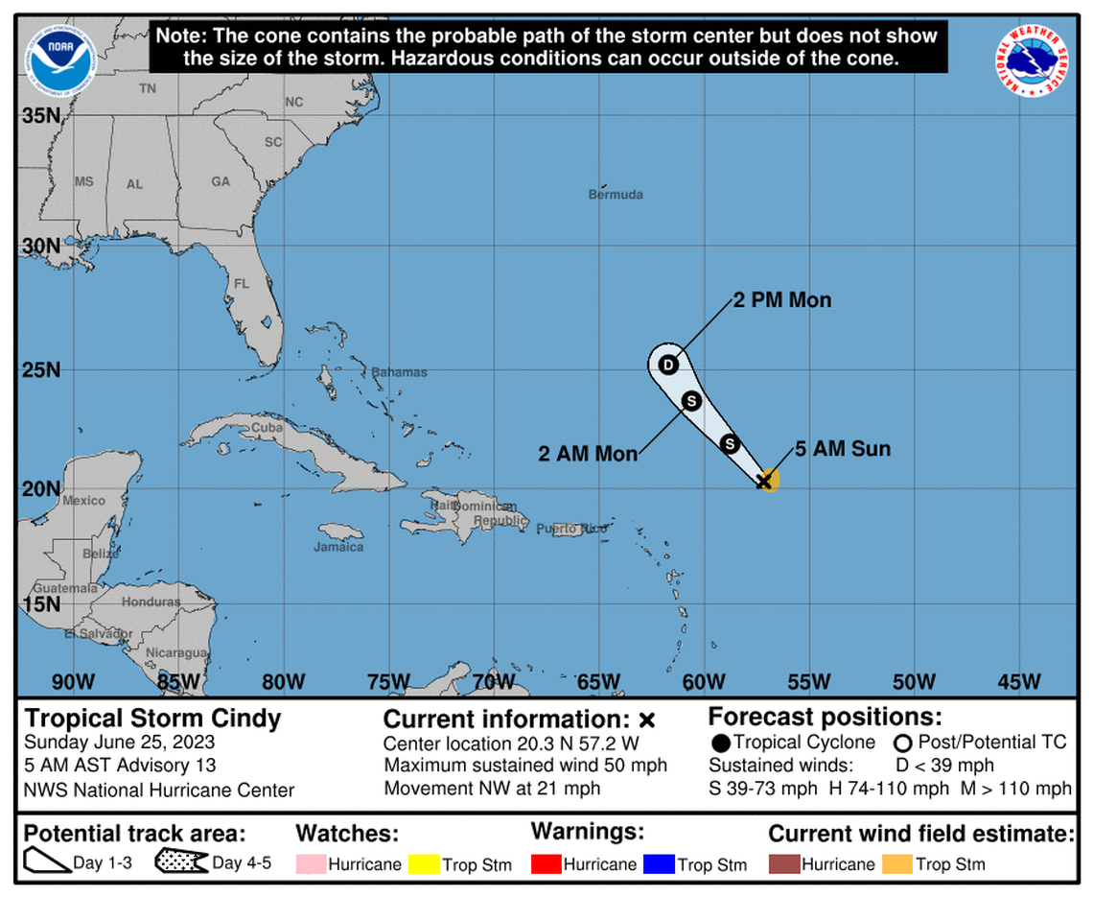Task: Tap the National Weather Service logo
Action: (x=1032, y=59)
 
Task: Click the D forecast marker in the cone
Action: (x=668, y=365)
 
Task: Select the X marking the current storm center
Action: (x=764, y=481)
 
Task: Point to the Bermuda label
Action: (x=616, y=195)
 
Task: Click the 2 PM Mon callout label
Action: (x=782, y=300)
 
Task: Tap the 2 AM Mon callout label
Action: (x=588, y=454)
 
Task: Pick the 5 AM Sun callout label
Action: (x=843, y=449)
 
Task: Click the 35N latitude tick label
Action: (x=41, y=116)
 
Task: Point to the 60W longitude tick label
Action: (x=704, y=682)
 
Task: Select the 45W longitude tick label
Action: (x=1019, y=682)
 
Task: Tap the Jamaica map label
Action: (x=338, y=547)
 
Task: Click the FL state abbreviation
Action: (x=242, y=284)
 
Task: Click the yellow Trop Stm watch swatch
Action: (x=423, y=864)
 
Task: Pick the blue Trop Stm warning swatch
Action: (x=659, y=864)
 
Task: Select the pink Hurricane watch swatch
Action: (x=310, y=864)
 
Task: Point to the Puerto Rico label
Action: (x=571, y=529)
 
